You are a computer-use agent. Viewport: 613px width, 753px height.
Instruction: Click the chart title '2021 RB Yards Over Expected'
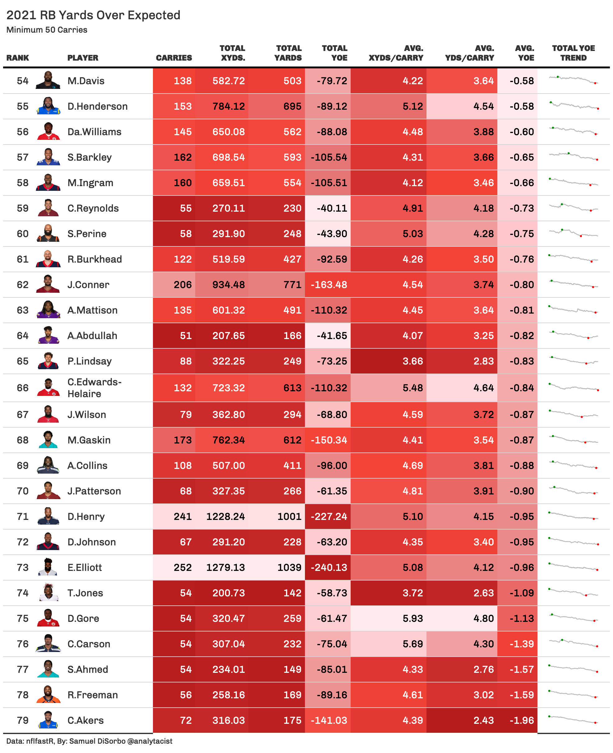click(93, 15)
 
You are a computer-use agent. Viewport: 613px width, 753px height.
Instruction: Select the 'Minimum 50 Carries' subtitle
click(47, 30)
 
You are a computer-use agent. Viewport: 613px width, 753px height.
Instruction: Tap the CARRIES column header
click(174, 57)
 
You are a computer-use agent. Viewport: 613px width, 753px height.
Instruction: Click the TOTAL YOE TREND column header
click(573, 53)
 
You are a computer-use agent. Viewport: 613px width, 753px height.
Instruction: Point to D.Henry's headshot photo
click(48, 516)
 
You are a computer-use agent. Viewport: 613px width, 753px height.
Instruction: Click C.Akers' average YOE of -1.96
click(522, 720)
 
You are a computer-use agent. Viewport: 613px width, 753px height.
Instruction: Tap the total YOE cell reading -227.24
click(328, 517)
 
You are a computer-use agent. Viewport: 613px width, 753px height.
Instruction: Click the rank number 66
click(23, 388)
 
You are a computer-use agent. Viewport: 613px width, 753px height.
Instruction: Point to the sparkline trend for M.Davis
click(573, 80)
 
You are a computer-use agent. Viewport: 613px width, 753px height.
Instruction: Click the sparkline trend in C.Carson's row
click(573, 643)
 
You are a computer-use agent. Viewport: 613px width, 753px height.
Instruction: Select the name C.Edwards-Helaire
click(94, 388)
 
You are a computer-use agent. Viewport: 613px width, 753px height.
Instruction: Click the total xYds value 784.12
click(228, 106)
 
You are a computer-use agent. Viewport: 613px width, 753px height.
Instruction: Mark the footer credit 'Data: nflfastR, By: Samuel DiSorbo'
click(89, 741)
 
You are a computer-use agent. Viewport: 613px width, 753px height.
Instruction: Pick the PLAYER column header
click(83, 57)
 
